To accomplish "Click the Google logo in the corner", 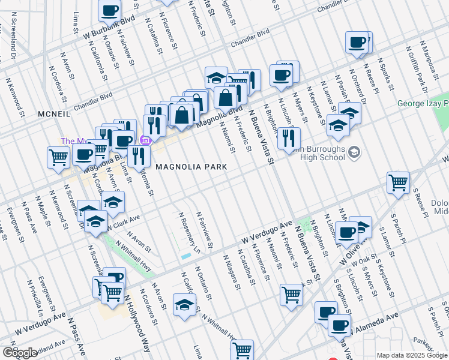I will click(20, 352).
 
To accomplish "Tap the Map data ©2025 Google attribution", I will click(412, 355).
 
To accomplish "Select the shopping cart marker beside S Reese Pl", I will click(398, 182).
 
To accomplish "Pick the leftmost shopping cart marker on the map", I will click(58, 157).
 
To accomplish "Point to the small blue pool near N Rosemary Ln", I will click(186, 256).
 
